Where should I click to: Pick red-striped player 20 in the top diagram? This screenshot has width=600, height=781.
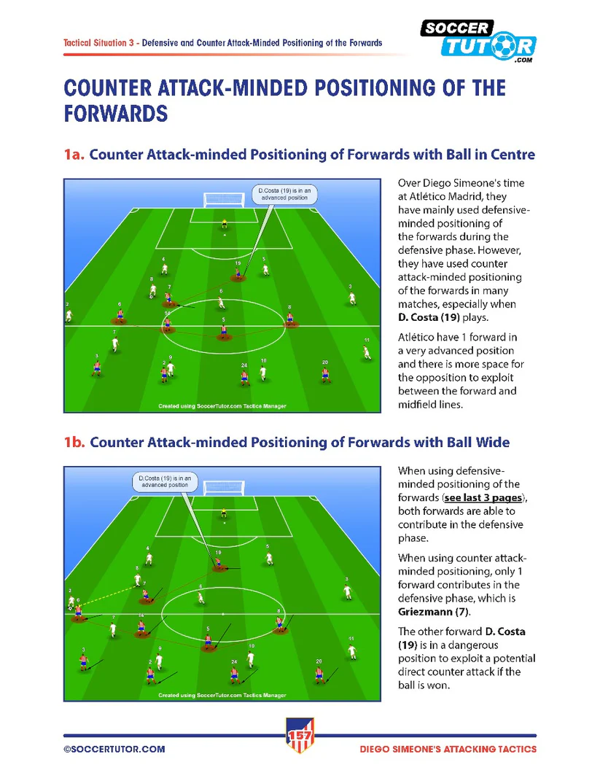click(x=324, y=374)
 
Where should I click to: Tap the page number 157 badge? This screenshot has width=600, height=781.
click(x=300, y=737)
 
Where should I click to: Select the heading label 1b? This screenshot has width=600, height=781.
click(x=74, y=443)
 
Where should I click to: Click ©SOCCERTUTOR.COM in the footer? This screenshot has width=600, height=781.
click(x=114, y=749)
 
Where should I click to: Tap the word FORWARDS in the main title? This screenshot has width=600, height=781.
click(x=116, y=113)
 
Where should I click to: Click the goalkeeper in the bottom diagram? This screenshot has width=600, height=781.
click(x=224, y=513)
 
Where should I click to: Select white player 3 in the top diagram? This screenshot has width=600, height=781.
click(x=352, y=296)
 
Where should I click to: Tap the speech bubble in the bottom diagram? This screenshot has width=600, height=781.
click(x=165, y=481)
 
